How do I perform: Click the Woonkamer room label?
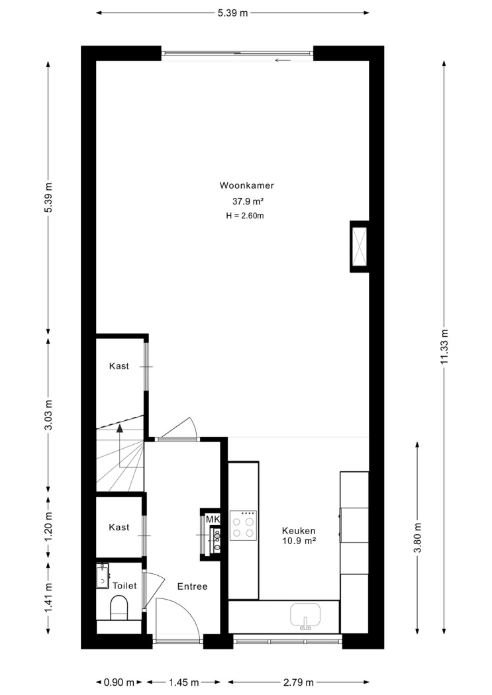click(x=247, y=185)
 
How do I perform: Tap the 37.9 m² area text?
click(x=248, y=201)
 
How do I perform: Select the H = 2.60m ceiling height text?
click(x=244, y=216)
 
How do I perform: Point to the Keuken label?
click(x=299, y=531)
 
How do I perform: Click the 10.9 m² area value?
click(x=299, y=541)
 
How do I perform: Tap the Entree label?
click(x=193, y=586)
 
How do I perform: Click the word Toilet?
click(x=124, y=586)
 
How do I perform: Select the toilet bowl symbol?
click(x=119, y=607)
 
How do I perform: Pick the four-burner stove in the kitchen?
click(x=243, y=526)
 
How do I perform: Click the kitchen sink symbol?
click(x=305, y=616)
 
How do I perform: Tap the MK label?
click(x=213, y=519)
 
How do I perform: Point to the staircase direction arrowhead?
click(x=119, y=428)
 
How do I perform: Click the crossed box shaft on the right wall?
click(x=359, y=246)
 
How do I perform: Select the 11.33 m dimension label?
click(x=444, y=347)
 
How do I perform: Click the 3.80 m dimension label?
click(x=417, y=537)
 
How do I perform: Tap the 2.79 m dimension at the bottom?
click(x=299, y=682)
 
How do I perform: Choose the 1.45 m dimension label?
click(x=183, y=682)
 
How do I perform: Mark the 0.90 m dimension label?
click(x=119, y=682)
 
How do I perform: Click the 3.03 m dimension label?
click(x=49, y=415)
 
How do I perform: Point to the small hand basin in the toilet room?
click(x=103, y=577)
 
